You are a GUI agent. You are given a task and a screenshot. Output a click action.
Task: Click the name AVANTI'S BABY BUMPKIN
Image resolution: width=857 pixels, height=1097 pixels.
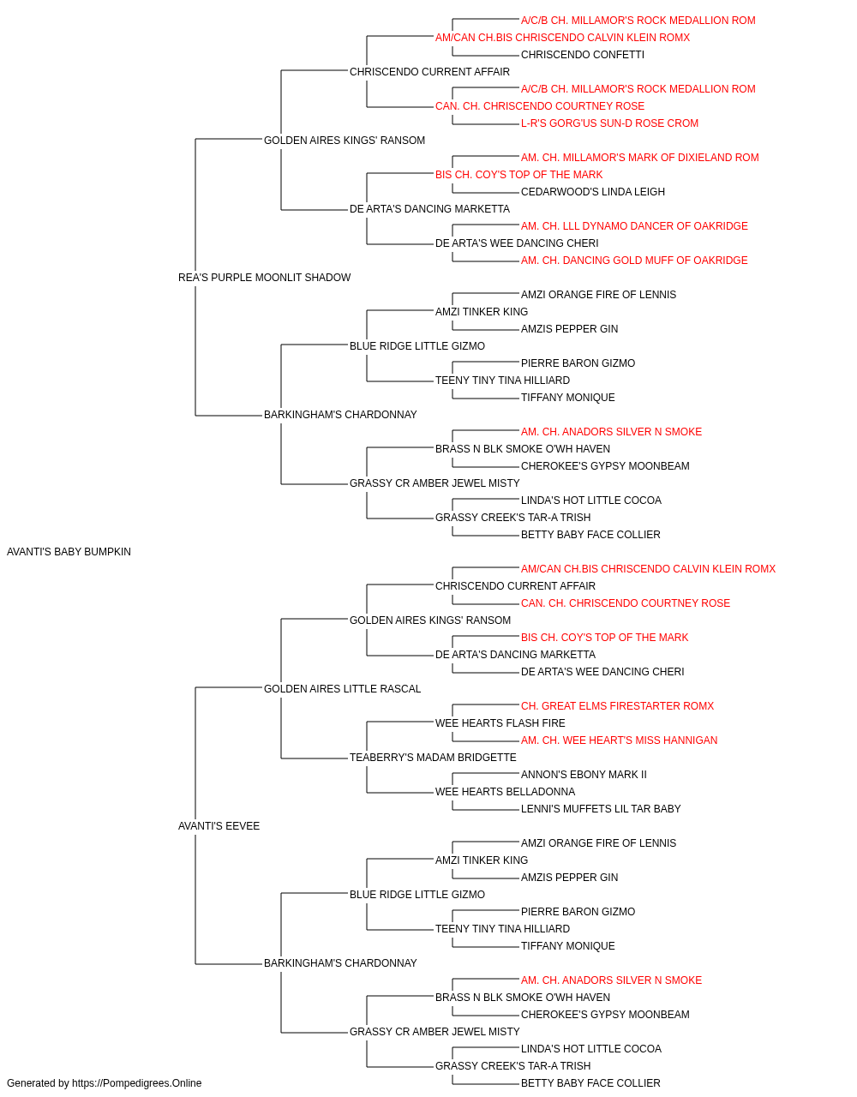pos(69,552)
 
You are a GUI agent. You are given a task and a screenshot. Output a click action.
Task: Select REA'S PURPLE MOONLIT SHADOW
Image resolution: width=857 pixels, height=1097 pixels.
pos(264,278)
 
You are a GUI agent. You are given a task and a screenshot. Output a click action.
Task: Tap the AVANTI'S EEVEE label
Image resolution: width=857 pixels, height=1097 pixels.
pos(219,826)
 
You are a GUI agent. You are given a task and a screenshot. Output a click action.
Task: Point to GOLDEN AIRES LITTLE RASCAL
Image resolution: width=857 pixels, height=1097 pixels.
pos(342,689)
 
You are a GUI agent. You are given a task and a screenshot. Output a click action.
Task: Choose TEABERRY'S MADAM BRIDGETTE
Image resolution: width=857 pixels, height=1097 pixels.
pos(433,758)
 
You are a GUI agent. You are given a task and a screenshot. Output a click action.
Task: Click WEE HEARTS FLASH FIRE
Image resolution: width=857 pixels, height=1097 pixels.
pos(500,723)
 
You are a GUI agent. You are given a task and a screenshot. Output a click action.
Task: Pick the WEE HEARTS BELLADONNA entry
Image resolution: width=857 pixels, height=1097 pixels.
pos(505,792)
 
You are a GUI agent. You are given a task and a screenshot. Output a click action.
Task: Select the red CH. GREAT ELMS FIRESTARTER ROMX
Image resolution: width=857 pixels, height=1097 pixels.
pos(617,705)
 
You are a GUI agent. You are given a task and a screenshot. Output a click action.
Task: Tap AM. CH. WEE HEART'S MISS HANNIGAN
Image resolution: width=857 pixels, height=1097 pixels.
pos(619,740)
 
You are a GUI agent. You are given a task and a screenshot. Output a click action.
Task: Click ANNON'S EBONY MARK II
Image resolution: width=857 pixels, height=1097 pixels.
pos(584,775)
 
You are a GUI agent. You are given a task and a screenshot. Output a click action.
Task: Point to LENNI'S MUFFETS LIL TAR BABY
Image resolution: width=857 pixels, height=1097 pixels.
pos(601,809)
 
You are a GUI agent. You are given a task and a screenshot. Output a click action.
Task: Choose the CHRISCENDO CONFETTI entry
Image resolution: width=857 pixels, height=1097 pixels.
pos(583,55)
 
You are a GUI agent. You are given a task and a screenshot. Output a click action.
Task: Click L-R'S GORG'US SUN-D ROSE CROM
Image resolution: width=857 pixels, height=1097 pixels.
pos(609,123)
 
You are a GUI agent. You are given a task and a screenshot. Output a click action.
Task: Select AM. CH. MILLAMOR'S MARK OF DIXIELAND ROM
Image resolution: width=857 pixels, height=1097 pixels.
pos(639,158)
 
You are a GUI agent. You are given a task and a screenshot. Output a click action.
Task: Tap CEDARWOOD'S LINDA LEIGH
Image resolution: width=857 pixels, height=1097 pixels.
pos(592,192)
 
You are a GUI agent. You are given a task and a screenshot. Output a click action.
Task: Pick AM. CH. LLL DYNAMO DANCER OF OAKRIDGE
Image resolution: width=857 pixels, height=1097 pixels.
pos(634,226)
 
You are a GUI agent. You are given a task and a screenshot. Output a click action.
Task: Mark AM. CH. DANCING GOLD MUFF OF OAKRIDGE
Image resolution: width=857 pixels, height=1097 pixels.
pos(634,261)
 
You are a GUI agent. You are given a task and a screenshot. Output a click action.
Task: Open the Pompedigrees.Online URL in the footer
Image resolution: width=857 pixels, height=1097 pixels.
pos(136,1083)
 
